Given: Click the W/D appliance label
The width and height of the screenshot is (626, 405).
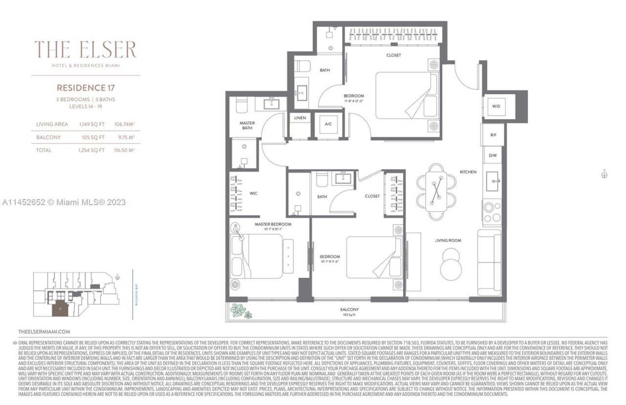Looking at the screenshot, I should (x=496, y=106).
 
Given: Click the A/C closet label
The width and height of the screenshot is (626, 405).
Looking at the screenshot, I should (x=328, y=124).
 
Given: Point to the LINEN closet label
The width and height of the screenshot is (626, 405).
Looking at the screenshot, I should (x=300, y=118).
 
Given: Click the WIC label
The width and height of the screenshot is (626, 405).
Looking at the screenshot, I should (x=253, y=193).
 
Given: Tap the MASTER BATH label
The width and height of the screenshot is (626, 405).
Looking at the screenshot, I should (x=247, y=126).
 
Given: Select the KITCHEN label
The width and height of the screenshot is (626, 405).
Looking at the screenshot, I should (x=468, y=172).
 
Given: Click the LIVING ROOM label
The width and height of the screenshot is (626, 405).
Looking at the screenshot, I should (x=448, y=240).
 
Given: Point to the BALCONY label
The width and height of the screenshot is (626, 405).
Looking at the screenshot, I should (x=350, y=310).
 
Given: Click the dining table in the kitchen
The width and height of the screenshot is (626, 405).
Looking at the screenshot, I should (x=436, y=191).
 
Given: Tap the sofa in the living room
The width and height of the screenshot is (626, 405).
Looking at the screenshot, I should (x=489, y=262).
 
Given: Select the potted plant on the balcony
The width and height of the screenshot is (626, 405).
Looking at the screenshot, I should (x=240, y=311).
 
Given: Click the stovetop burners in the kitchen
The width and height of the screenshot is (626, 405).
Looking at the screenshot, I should (x=492, y=212).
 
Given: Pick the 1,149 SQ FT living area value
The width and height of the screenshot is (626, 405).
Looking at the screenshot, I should (x=92, y=124).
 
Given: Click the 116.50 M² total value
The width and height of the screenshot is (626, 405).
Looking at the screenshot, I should (x=124, y=150).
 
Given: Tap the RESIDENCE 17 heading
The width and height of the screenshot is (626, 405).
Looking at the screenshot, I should (x=86, y=88).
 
